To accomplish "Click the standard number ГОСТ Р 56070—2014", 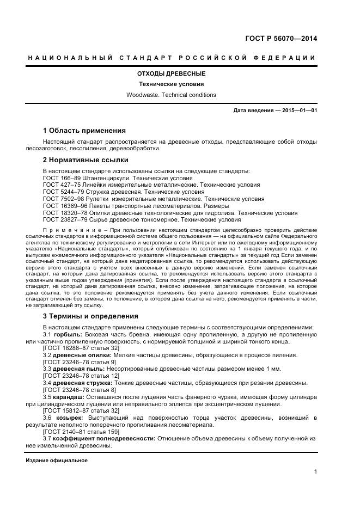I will coord(282,38).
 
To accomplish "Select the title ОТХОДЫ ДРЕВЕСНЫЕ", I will coord(171,73).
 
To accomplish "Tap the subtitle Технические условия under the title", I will coord(171,84).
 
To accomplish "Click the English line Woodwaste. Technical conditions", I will coord(171,95).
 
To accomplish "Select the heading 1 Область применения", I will coord(84,131).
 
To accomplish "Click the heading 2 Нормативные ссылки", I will coord(86,160).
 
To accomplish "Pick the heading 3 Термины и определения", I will coord(90,316).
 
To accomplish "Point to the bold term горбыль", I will coord(67,334).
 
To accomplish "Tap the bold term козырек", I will coord(69,418).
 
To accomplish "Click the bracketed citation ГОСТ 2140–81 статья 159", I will coord(82,431).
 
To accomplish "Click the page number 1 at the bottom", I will coord(315,472).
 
